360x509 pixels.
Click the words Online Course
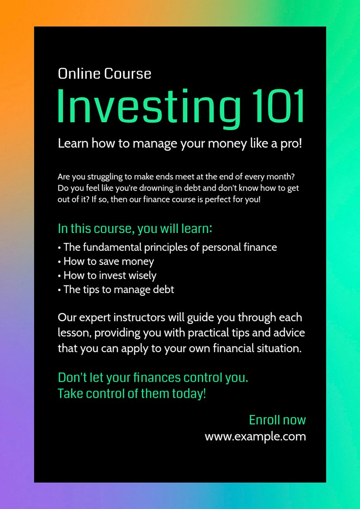tap(104, 74)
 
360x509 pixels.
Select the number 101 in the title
tap(278, 106)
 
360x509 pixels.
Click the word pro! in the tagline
tap(291, 143)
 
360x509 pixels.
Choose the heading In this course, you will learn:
tap(135, 229)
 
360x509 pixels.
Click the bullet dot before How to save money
tap(59, 262)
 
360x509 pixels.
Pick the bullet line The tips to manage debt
tap(116, 290)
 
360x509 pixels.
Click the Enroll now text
tap(278, 420)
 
